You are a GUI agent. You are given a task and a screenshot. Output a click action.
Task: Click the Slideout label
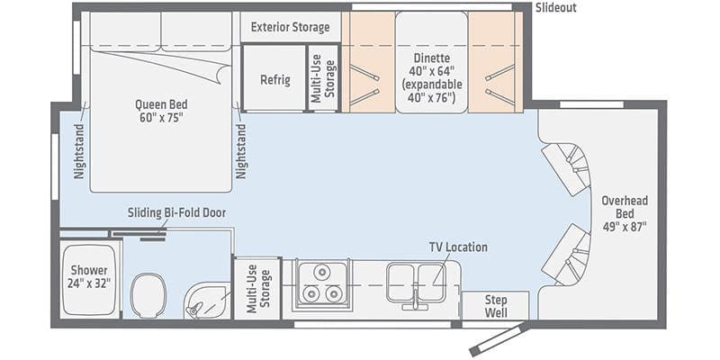tap(556, 8)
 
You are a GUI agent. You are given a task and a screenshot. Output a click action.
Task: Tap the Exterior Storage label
tap(290, 26)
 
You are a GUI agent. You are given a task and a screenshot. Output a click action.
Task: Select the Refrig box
tap(274, 79)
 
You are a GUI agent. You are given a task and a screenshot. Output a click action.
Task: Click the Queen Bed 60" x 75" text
tap(157, 111)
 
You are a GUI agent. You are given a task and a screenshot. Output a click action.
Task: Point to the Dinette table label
tap(431, 70)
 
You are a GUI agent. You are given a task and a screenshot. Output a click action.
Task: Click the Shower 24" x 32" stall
tap(88, 277)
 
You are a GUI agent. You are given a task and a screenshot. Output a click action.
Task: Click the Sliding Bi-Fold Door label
tap(176, 212)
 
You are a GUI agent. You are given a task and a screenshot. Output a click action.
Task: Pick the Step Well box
tap(495, 305)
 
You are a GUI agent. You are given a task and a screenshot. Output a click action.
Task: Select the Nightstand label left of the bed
tap(78, 151)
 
